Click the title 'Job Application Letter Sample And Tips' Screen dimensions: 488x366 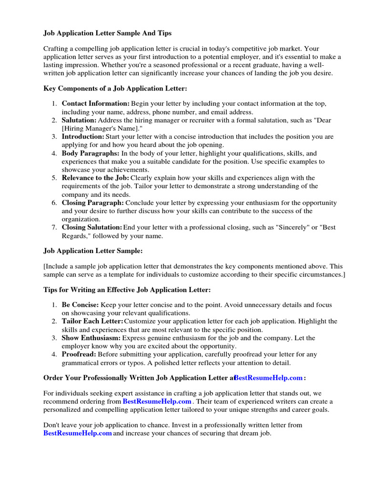pyautogui.click(x=107, y=33)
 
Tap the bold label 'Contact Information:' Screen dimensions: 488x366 pyautogui.click(x=95, y=103)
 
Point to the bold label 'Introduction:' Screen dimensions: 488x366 pyautogui.click(x=83, y=137)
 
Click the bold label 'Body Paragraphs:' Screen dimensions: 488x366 pyautogui.click(x=91, y=153)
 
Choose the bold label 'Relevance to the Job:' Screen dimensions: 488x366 pyautogui.click(x=95, y=178)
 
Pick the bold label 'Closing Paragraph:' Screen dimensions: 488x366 pyautogui.click(x=93, y=203)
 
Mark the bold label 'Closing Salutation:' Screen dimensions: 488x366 pyautogui.click(x=92, y=227)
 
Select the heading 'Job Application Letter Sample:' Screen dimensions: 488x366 pyautogui.click(x=93, y=251)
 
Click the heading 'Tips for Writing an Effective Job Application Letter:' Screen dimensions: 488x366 pyautogui.click(x=127, y=290)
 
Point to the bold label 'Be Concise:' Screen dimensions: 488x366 pyautogui.click(x=80, y=305)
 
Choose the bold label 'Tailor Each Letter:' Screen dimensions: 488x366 pyautogui.click(x=92, y=321)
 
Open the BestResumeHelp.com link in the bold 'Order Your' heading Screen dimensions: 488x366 pyautogui.click(x=268, y=378)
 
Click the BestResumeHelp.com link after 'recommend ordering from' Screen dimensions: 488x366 pyautogui.click(x=157, y=401)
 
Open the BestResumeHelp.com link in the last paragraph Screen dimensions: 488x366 pyautogui.click(x=78, y=433)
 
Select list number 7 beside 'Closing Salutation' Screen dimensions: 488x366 pyautogui.click(x=54, y=227)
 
